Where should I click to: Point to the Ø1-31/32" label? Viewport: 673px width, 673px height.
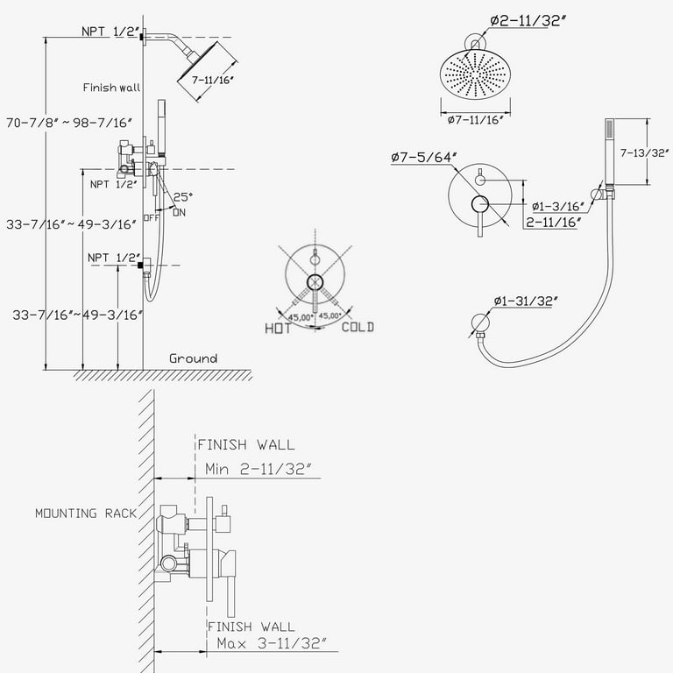[x=527, y=301]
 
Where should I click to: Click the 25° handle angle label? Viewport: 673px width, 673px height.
[x=183, y=197]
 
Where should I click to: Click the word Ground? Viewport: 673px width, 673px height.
[x=193, y=358]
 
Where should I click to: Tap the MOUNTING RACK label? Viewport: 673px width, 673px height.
[x=86, y=514]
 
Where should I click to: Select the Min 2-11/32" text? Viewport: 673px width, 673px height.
[x=259, y=469]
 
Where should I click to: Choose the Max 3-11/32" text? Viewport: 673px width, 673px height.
[x=271, y=644]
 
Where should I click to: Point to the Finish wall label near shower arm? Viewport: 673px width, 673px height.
[x=111, y=88]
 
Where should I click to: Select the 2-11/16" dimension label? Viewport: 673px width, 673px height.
[x=555, y=223]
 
